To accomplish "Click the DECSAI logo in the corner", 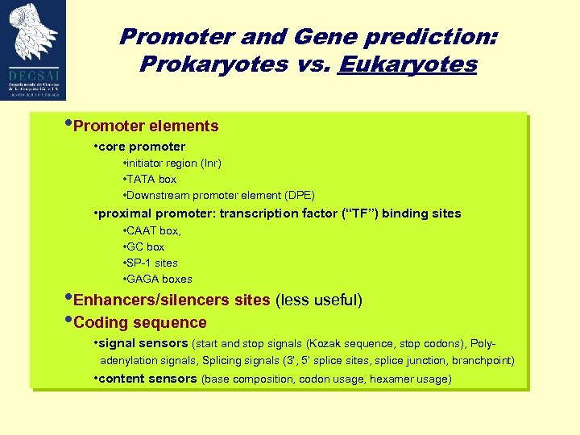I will click(33, 49).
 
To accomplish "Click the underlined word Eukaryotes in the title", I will click(408, 64).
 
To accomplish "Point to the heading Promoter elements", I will click(146, 126).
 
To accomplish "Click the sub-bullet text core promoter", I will click(142, 147).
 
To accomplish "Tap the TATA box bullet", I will click(151, 179).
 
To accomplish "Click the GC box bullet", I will click(145, 246).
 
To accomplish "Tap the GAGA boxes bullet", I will click(159, 279).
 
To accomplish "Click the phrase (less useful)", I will click(319, 300).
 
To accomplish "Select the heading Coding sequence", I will click(140, 323).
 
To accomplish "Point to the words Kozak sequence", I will click(346, 344).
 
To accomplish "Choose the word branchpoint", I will click(482, 360).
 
